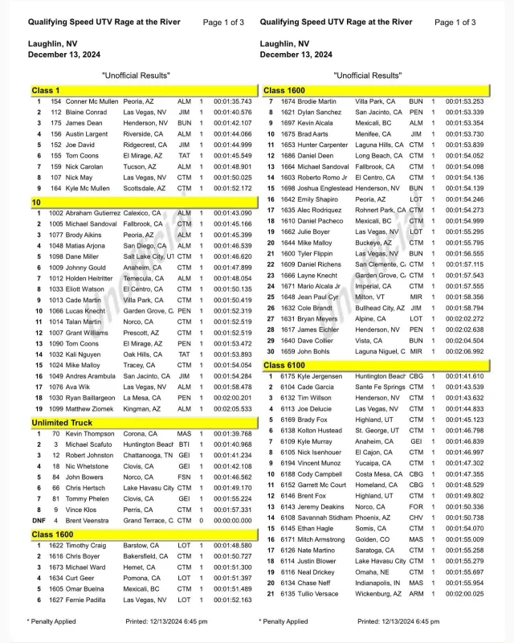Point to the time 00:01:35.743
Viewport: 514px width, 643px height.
click(232, 102)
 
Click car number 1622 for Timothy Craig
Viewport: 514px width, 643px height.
click(56, 545)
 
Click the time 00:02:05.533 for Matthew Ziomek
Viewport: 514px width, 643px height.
click(232, 408)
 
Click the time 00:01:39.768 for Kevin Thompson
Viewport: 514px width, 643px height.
click(232, 434)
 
